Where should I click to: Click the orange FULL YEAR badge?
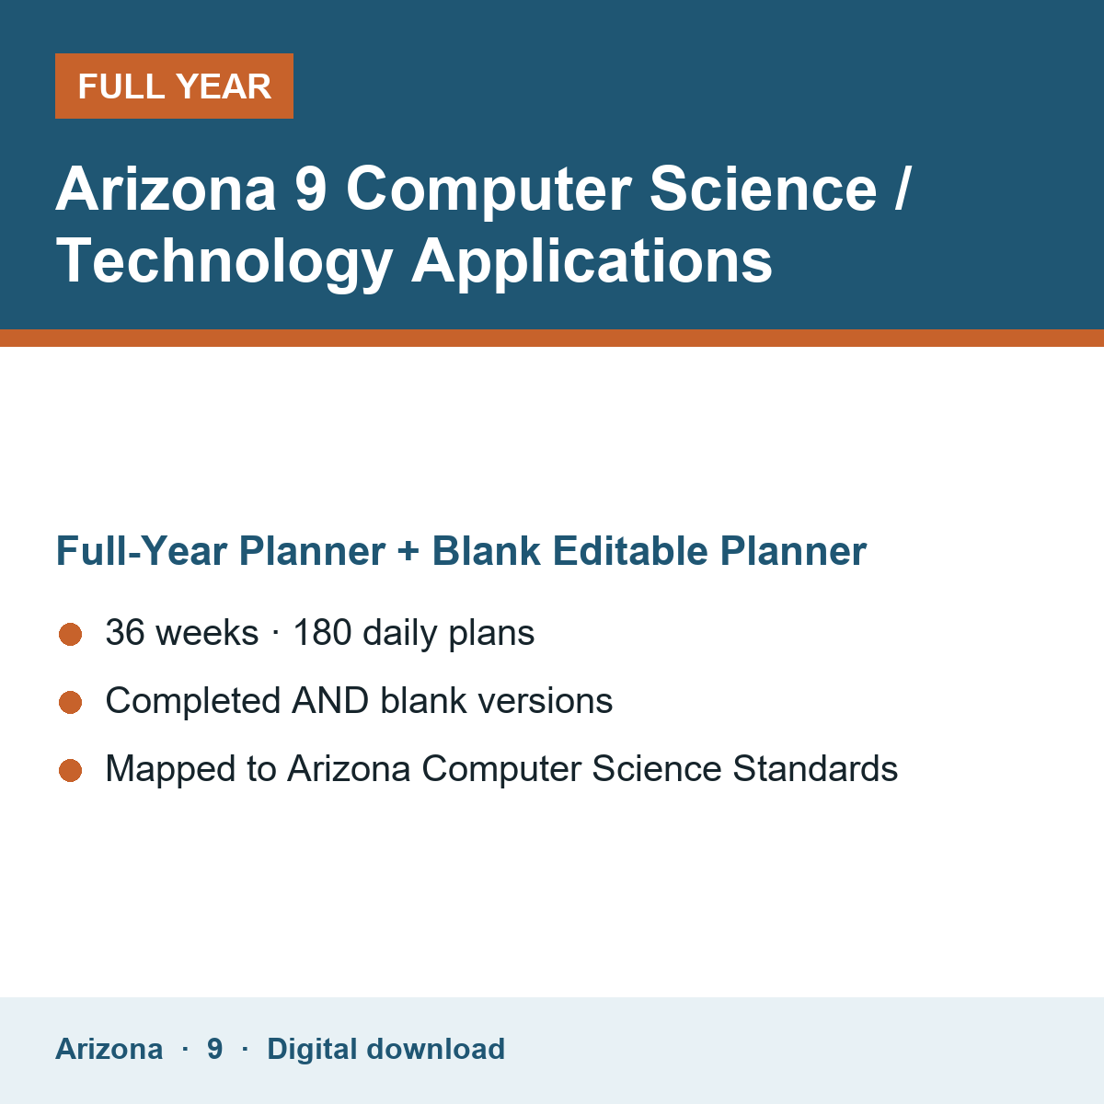coord(174,86)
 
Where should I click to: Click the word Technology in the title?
coord(224,262)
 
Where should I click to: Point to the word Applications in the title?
coord(592,262)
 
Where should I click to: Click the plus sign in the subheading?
coord(408,551)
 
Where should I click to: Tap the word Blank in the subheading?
coord(486,550)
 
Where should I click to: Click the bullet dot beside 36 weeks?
coord(71,634)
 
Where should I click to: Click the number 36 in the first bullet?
coord(125,632)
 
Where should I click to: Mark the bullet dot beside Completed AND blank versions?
coord(71,702)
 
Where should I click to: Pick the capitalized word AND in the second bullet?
coord(330,701)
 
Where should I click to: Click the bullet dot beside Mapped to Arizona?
coord(71,771)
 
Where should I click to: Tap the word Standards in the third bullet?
coord(815,768)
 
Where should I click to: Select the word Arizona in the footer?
coord(109,1049)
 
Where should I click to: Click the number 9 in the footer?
coord(215,1049)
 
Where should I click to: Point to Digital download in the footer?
coord(386,1049)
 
